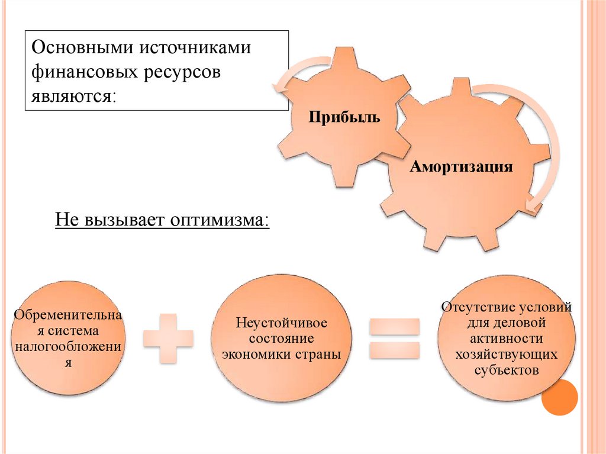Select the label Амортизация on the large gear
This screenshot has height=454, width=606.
pos(462,166)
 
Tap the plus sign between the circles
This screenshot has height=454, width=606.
pos(169,338)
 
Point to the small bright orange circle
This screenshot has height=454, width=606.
pos(559,398)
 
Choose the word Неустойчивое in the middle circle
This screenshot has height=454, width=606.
pos(281,324)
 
